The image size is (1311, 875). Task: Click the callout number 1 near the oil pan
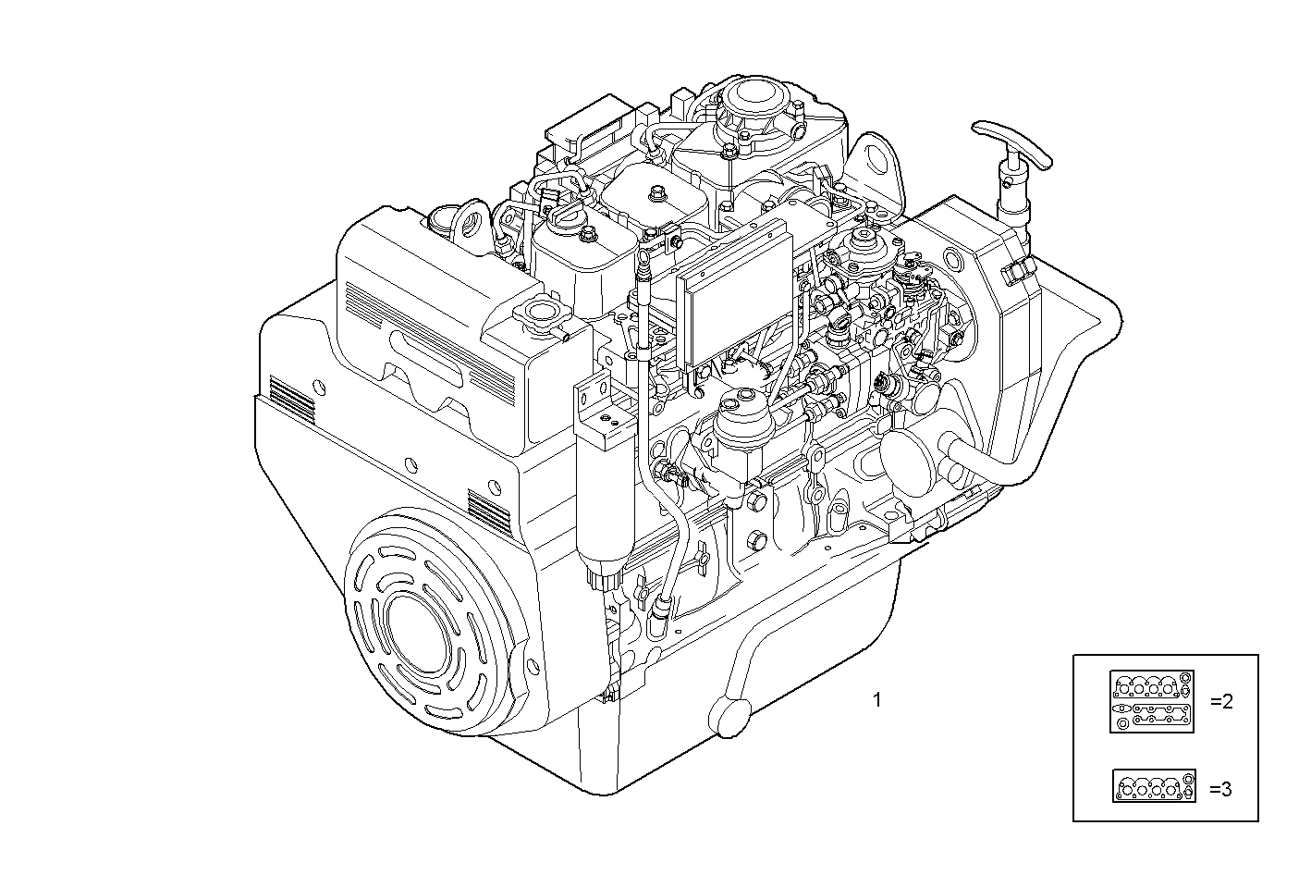tap(876, 700)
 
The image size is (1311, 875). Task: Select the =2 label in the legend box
tap(1220, 702)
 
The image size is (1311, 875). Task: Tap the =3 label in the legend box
tap(1220, 789)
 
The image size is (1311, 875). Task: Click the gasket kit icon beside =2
tap(1152, 702)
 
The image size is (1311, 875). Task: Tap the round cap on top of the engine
tap(753, 95)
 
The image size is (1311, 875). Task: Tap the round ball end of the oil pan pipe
tap(729, 717)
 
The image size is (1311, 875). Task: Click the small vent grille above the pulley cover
tap(489, 509)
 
